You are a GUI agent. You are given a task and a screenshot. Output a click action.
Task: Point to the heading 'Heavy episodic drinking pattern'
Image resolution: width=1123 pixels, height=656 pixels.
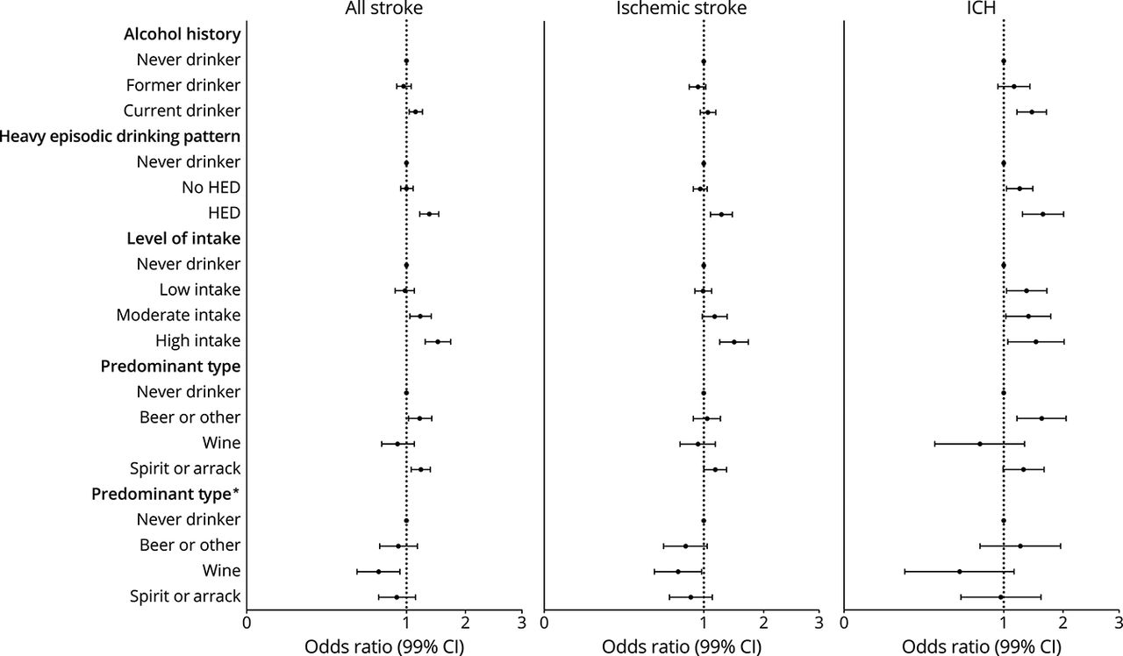[120, 137]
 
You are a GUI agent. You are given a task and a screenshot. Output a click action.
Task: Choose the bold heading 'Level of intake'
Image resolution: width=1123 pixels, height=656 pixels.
[183, 239]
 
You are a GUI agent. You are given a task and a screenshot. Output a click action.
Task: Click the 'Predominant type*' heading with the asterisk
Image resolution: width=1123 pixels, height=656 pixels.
[166, 494]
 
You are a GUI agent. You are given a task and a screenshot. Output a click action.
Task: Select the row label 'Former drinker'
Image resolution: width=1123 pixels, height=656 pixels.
[183, 86]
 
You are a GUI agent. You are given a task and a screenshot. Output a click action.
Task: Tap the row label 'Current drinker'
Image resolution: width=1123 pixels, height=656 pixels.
[182, 111]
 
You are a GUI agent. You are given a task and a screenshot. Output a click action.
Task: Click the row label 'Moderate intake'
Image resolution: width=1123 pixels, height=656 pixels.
[178, 315]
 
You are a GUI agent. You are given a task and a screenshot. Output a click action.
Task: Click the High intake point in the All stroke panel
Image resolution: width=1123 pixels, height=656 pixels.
[438, 341]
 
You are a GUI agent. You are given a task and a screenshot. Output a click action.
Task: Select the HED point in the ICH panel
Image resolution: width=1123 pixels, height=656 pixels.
[1042, 214]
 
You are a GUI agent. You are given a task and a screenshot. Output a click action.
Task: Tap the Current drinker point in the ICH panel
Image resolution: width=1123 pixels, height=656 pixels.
[1032, 112]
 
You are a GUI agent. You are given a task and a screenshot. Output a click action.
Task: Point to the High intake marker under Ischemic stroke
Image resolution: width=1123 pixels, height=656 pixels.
[734, 341]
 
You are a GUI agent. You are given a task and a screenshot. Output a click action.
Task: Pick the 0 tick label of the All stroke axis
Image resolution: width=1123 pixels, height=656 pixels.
[247, 624]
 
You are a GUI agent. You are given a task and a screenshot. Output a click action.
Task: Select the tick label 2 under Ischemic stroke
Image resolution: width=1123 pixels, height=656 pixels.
[763, 624]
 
